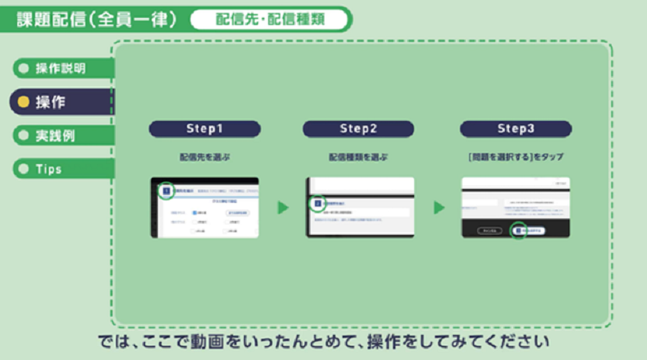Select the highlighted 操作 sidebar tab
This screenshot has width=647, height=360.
pyautogui.click(x=60, y=102)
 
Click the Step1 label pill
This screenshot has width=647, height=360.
pyautogui.click(x=204, y=129)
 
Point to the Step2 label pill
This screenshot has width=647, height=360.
pyautogui.click(x=358, y=129)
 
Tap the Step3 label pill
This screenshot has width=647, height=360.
pyautogui.click(x=514, y=129)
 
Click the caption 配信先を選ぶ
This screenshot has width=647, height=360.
pyautogui.click(x=204, y=158)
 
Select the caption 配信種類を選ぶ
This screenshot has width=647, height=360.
pyautogui.click(x=358, y=158)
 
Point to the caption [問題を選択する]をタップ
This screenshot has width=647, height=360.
pyautogui.click(x=514, y=158)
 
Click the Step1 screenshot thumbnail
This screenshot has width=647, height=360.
pyautogui.click(x=204, y=207)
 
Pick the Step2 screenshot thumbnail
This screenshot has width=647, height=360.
pyautogui.click(x=360, y=207)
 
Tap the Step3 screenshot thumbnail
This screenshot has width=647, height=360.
pyautogui.click(x=515, y=207)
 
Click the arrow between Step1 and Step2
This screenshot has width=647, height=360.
pyautogui.click(x=282, y=207)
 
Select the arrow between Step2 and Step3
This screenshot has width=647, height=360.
pyautogui.click(x=438, y=207)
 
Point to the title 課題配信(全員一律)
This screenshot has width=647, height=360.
pyautogui.click(x=97, y=19)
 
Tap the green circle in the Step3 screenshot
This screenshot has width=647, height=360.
pyautogui.click(x=519, y=231)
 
